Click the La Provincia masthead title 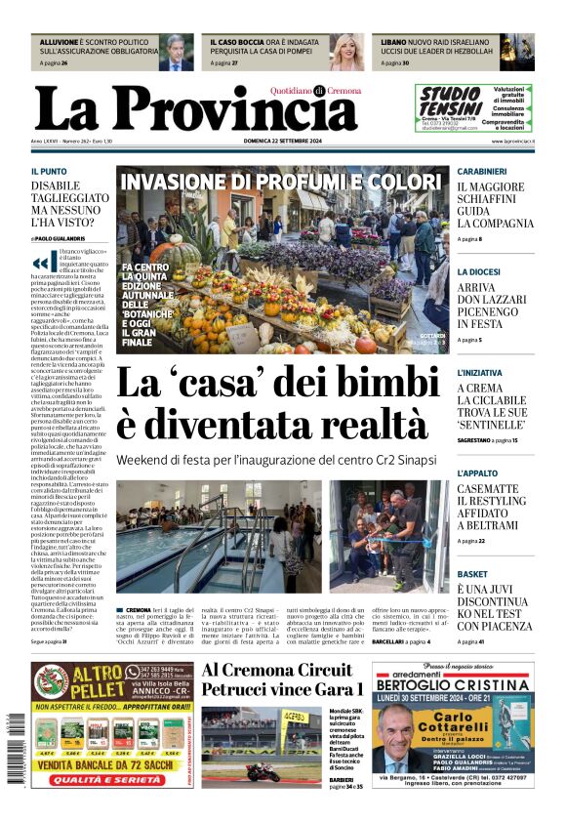point(195,107)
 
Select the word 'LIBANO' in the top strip point(394,43)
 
